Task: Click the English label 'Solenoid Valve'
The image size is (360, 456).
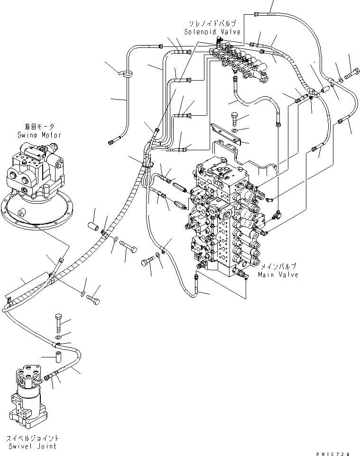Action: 212,31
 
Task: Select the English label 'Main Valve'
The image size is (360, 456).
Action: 278,274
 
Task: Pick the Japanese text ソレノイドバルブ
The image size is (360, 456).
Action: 215,23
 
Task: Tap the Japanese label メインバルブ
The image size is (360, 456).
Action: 278,267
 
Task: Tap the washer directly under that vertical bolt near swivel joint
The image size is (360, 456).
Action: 57,336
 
